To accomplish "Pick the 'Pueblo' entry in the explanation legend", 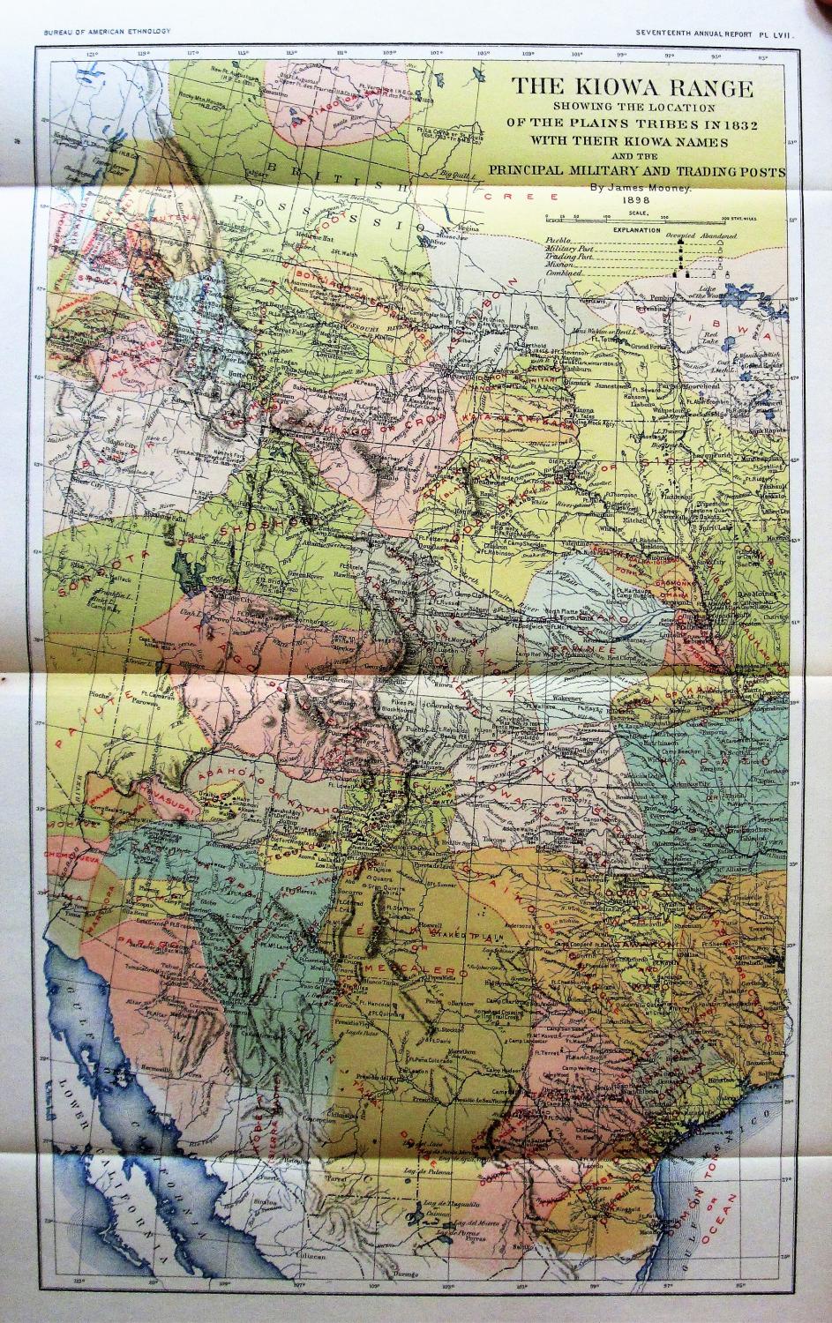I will [558, 240].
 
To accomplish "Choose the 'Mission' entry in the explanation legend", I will [559, 266].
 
